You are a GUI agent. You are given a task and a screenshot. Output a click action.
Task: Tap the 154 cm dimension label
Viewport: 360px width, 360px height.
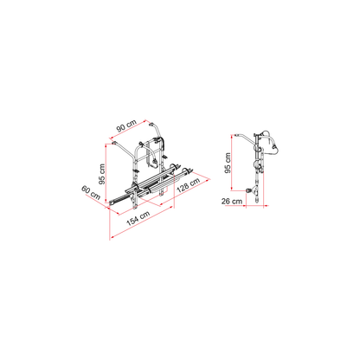tap(138, 218)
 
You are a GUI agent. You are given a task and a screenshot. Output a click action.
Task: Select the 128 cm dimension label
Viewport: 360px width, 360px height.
tap(188, 185)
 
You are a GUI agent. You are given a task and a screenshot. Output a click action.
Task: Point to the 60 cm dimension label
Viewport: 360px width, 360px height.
tap(91, 193)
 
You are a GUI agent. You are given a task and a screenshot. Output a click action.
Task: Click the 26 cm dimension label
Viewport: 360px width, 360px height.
tap(232, 201)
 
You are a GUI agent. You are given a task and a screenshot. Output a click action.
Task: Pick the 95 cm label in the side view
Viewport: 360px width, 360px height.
tap(228, 163)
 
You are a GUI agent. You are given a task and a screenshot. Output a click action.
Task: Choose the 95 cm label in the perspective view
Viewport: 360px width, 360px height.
tap(102, 174)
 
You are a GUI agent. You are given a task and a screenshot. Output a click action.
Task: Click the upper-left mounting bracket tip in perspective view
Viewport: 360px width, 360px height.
tap(113, 143)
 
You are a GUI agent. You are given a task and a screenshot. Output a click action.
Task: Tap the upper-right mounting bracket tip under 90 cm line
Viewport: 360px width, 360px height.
tap(151, 125)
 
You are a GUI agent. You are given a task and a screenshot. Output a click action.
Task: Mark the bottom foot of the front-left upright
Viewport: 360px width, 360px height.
tap(135, 208)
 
